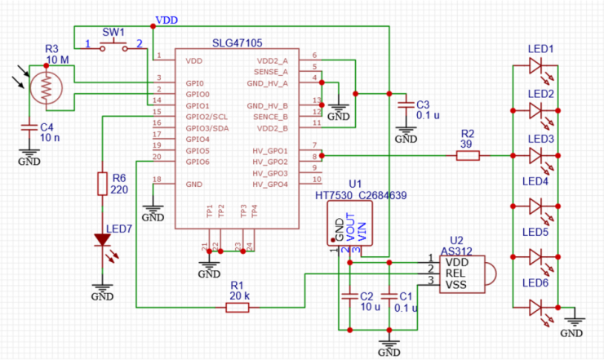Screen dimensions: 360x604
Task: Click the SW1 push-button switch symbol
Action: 114,48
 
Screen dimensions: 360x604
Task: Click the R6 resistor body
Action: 102,182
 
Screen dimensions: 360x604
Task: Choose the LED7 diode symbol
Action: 102,240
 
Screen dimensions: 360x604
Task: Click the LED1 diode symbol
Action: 535,68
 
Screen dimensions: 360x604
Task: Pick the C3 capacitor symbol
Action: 403,104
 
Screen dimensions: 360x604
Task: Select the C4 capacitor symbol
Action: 29,128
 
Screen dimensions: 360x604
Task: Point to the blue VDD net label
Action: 167,19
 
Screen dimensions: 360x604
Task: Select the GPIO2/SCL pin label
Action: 207,117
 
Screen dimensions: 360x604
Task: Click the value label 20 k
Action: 239,296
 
